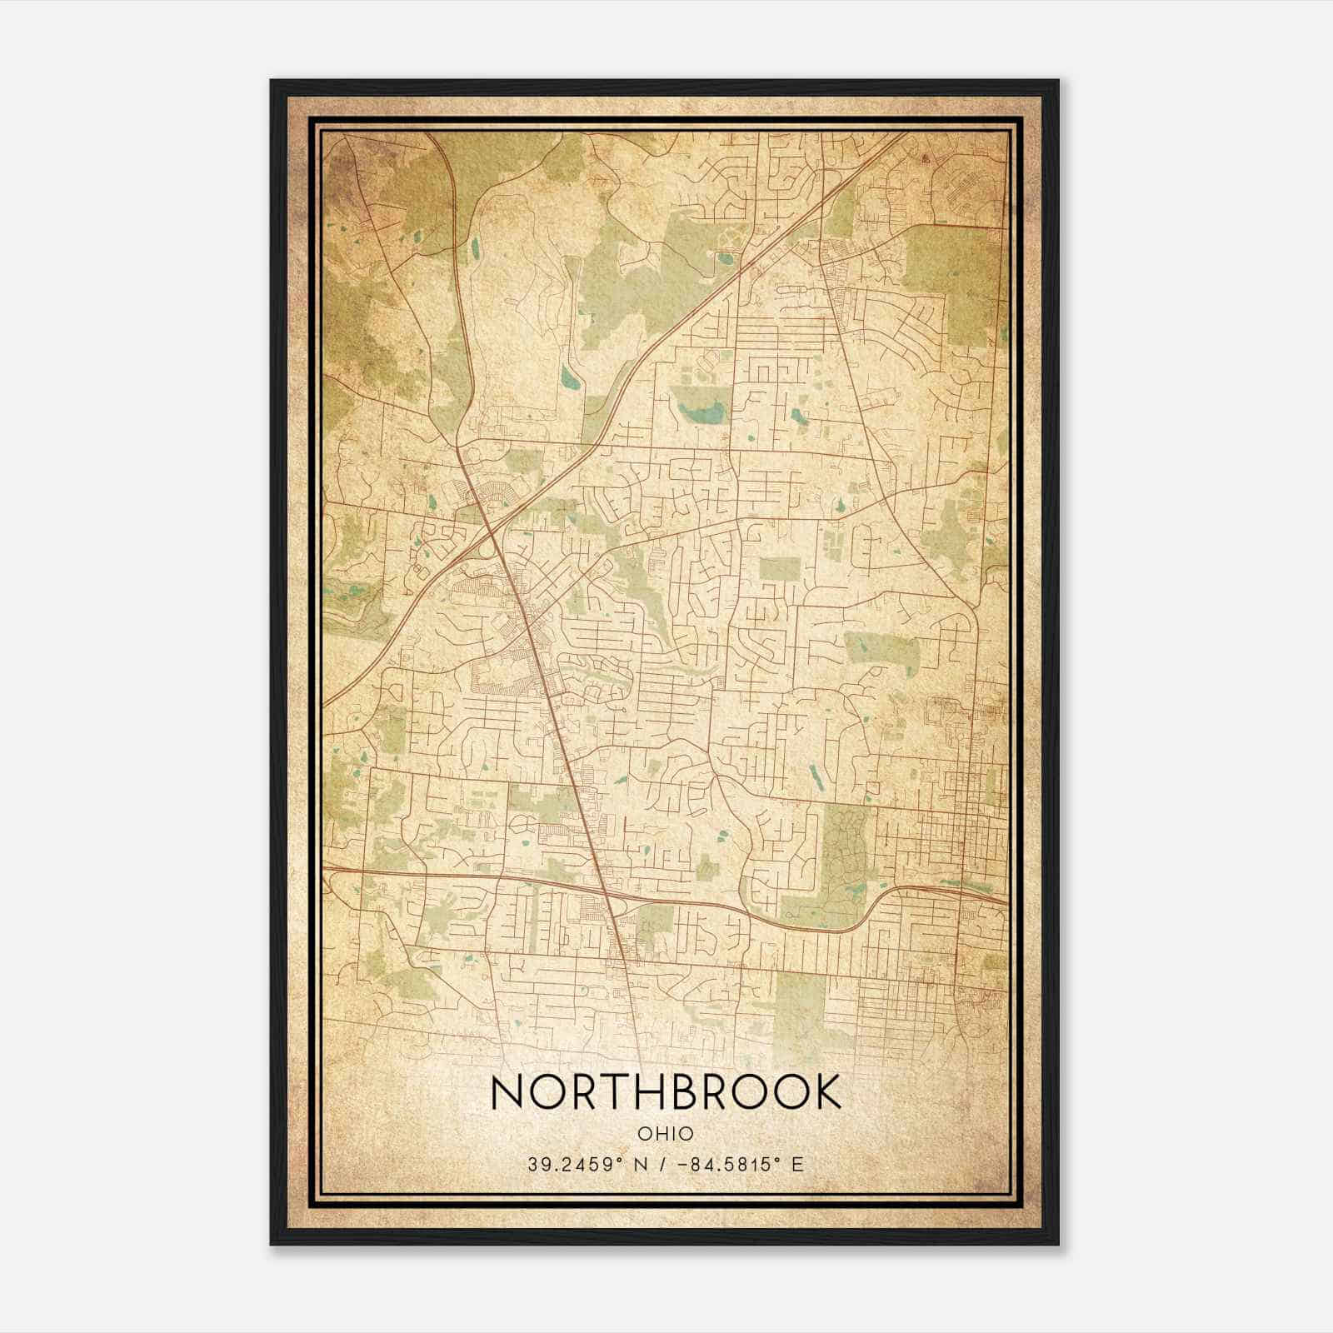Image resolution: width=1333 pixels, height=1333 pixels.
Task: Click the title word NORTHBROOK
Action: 666,1092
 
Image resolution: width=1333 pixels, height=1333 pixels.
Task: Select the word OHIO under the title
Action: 666,1134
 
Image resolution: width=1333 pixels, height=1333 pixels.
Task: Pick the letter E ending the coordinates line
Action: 798,1165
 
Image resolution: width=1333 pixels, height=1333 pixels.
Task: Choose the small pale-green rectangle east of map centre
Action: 779,570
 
